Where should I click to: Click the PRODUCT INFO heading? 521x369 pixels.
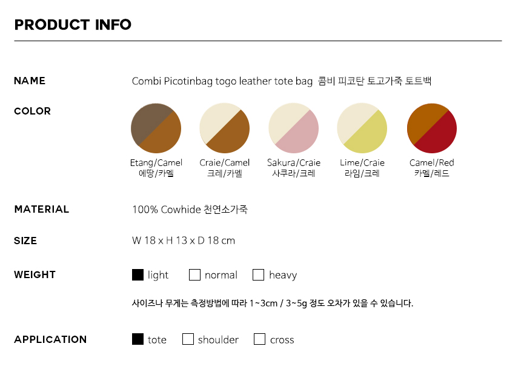pyautogui.click(x=73, y=25)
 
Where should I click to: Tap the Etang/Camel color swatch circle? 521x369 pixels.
pyautogui.click(x=156, y=128)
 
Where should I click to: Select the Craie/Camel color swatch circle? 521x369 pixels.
pyautogui.click(x=225, y=128)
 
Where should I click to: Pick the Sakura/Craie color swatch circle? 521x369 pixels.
pyautogui.click(x=293, y=128)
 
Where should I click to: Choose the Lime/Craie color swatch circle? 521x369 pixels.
pyautogui.click(x=362, y=128)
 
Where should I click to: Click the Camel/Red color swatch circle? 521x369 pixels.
pyautogui.click(x=432, y=128)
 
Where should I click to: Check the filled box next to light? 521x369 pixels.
pyautogui.click(x=138, y=275)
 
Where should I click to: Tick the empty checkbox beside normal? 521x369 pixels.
pyautogui.click(x=194, y=275)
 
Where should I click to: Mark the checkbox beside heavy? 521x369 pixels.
pyautogui.click(x=259, y=275)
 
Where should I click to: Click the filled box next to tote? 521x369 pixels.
pyautogui.click(x=138, y=339)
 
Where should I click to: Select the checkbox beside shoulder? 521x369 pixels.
pyautogui.click(x=188, y=339)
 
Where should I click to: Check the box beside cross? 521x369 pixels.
pyautogui.click(x=259, y=339)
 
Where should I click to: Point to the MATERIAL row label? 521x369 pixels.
pyautogui.click(x=42, y=209)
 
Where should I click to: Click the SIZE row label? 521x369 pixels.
pyautogui.click(x=25, y=241)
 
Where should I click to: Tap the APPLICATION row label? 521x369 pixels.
pyautogui.click(x=50, y=339)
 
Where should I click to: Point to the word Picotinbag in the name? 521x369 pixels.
pyautogui.click(x=188, y=81)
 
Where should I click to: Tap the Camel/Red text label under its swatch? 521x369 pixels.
pyautogui.click(x=431, y=162)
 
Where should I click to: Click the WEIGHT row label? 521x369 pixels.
pyautogui.click(x=35, y=275)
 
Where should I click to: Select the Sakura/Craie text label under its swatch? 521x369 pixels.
pyautogui.click(x=294, y=162)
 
